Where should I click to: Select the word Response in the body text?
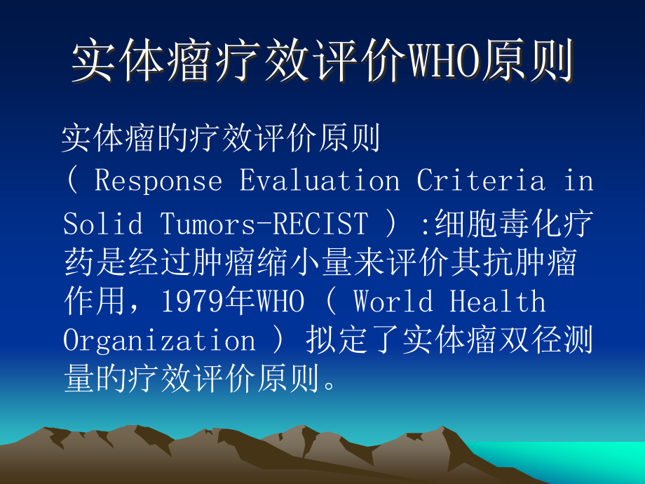pyautogui.click(x=158, y=181)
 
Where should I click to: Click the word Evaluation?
pyautogui.click(x=320, y=181)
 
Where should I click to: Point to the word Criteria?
pyautogui.click(x=481, y=181)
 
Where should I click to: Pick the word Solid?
pyautogui.click(x=103, y=224)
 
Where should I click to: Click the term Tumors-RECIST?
pyautogui.click(x=264, y=224)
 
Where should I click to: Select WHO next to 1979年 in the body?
pyautogui.click(x=281, y=302)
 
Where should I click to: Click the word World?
pyautogui.click(x=393, y=302)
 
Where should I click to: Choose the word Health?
pyautogui.click(x=497, y=302)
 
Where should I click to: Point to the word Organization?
pyautogui.click(x=159, y=342)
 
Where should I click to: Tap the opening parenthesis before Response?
pyautogui.click(x=73, y=181)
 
